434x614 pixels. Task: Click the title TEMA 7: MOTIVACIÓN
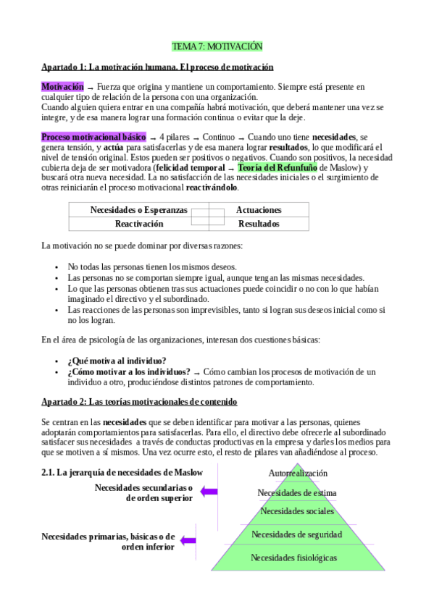coord(217,46)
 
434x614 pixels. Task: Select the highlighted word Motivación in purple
coord(62,86)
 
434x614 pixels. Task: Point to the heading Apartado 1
coord(157,67)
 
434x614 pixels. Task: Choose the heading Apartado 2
coord(138,401)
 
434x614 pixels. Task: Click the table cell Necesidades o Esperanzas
coord(138,210)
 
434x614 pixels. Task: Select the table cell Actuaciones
coord(259,210)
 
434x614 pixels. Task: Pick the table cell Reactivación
coord(139,224)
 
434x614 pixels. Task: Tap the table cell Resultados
coord(259,224)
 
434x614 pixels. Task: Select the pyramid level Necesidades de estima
coord(297,493)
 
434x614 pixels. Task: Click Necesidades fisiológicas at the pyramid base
coord(293,558)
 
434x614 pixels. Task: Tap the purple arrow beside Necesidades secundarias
coord(209,492)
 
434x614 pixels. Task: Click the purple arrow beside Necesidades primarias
coord(188,540)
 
